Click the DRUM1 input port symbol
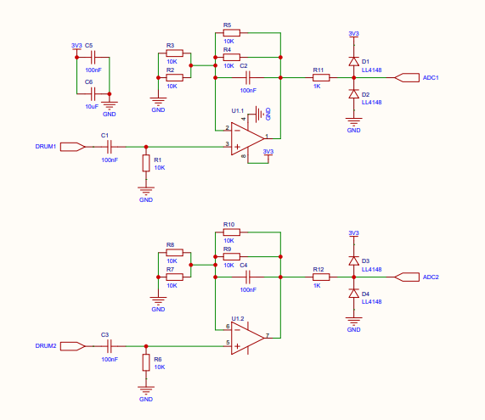tap(72, 147)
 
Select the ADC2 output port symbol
tap(407, 277)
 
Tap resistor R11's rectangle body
tap(321, 77)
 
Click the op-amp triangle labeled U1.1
tap(248, 139)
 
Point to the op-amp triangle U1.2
tap(248, 338)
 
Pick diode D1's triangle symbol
tap(354, 61)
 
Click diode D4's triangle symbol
tap(354, 294)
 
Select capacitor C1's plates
tap(109, 147)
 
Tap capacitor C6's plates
tap(93, 94)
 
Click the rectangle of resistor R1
tap(146, 163)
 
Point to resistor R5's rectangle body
tap(231, 33)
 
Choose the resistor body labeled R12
tap(321, 277)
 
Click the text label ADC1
tap(431, 78)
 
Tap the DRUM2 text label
tap(46, 346)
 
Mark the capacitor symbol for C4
tap(247, 277)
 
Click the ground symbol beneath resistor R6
tap(146, 389)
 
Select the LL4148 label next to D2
tap(371, 103)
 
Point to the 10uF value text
tap(92, 107)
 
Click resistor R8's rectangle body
tap(174, 253)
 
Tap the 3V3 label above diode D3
tap(353, 233)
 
